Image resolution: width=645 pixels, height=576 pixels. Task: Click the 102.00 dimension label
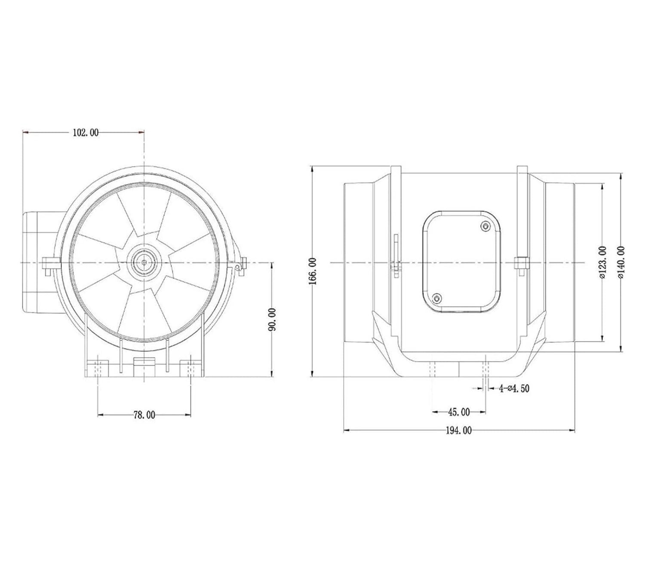(x=85, y=133)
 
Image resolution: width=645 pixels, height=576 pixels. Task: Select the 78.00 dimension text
(x=144, y=415)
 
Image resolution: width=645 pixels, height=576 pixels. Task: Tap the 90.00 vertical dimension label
(x=272, y=319)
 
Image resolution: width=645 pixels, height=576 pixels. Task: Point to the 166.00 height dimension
(x=313, y=271)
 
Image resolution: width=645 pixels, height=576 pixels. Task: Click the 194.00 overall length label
(x=458, y=430)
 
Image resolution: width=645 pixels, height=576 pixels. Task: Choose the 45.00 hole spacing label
(x=459, y=412)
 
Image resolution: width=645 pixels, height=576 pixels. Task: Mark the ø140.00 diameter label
(x=620, y=263)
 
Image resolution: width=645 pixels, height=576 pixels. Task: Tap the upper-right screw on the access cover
(x=486, y=226)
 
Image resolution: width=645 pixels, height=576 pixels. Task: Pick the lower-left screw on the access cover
(x=437, y=298)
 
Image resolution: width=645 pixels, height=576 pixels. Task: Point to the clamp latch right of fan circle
(x=240, y=264)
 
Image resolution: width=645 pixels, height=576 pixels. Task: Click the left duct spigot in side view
(x=358, y=262)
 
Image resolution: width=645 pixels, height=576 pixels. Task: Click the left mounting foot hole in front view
(x=98, y=368)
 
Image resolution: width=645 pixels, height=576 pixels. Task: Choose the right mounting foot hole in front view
(x=190, y=368)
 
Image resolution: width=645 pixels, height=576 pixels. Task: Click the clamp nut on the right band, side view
(x=521, y=263)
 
